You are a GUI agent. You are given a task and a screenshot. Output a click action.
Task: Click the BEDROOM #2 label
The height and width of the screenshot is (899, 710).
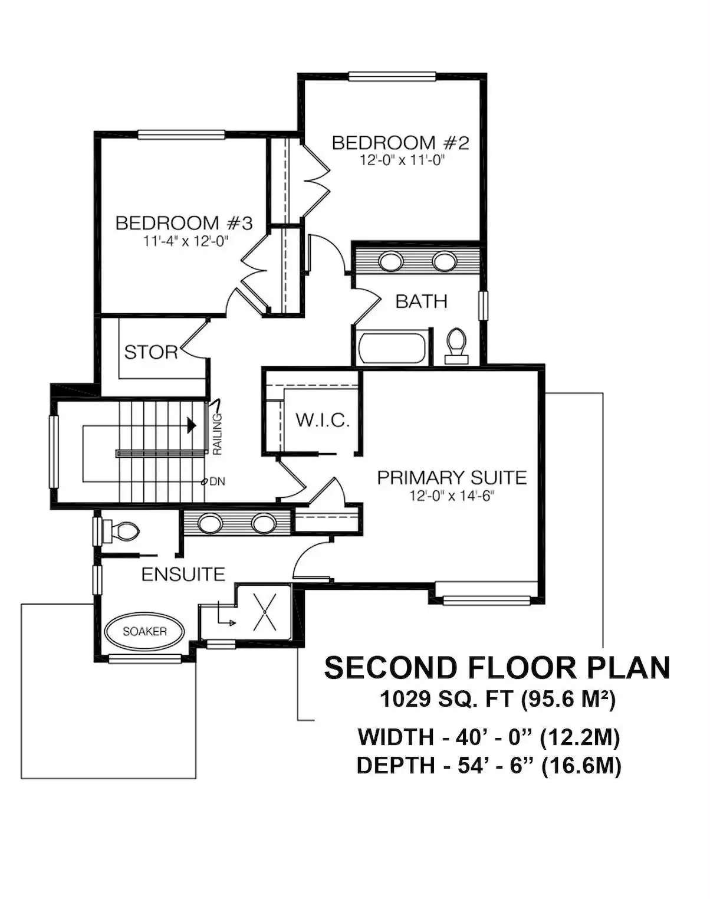point(400,143)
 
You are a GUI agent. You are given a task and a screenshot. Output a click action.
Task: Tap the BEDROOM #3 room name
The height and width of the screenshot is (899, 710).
point(184,223)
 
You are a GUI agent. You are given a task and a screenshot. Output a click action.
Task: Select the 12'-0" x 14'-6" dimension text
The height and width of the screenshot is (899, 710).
point(452,496)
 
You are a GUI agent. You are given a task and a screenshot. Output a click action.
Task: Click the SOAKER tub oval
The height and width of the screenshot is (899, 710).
point(144,631)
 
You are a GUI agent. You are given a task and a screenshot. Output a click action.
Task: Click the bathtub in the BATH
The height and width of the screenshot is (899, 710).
point(392,348)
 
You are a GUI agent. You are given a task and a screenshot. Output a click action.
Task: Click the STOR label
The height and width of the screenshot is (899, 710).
point(151,352)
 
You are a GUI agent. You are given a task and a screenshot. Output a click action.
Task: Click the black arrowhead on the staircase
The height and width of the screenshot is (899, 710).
point(191,425)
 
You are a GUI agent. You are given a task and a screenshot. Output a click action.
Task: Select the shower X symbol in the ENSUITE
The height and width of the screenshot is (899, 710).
point(265,613)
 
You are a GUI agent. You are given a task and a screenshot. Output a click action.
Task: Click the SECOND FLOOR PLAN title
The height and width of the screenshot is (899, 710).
point(497,668)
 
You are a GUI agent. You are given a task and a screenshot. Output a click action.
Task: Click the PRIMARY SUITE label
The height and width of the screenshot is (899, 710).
point(452,477)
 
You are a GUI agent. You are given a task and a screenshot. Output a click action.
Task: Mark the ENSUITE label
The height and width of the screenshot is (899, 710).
point(183,575)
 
